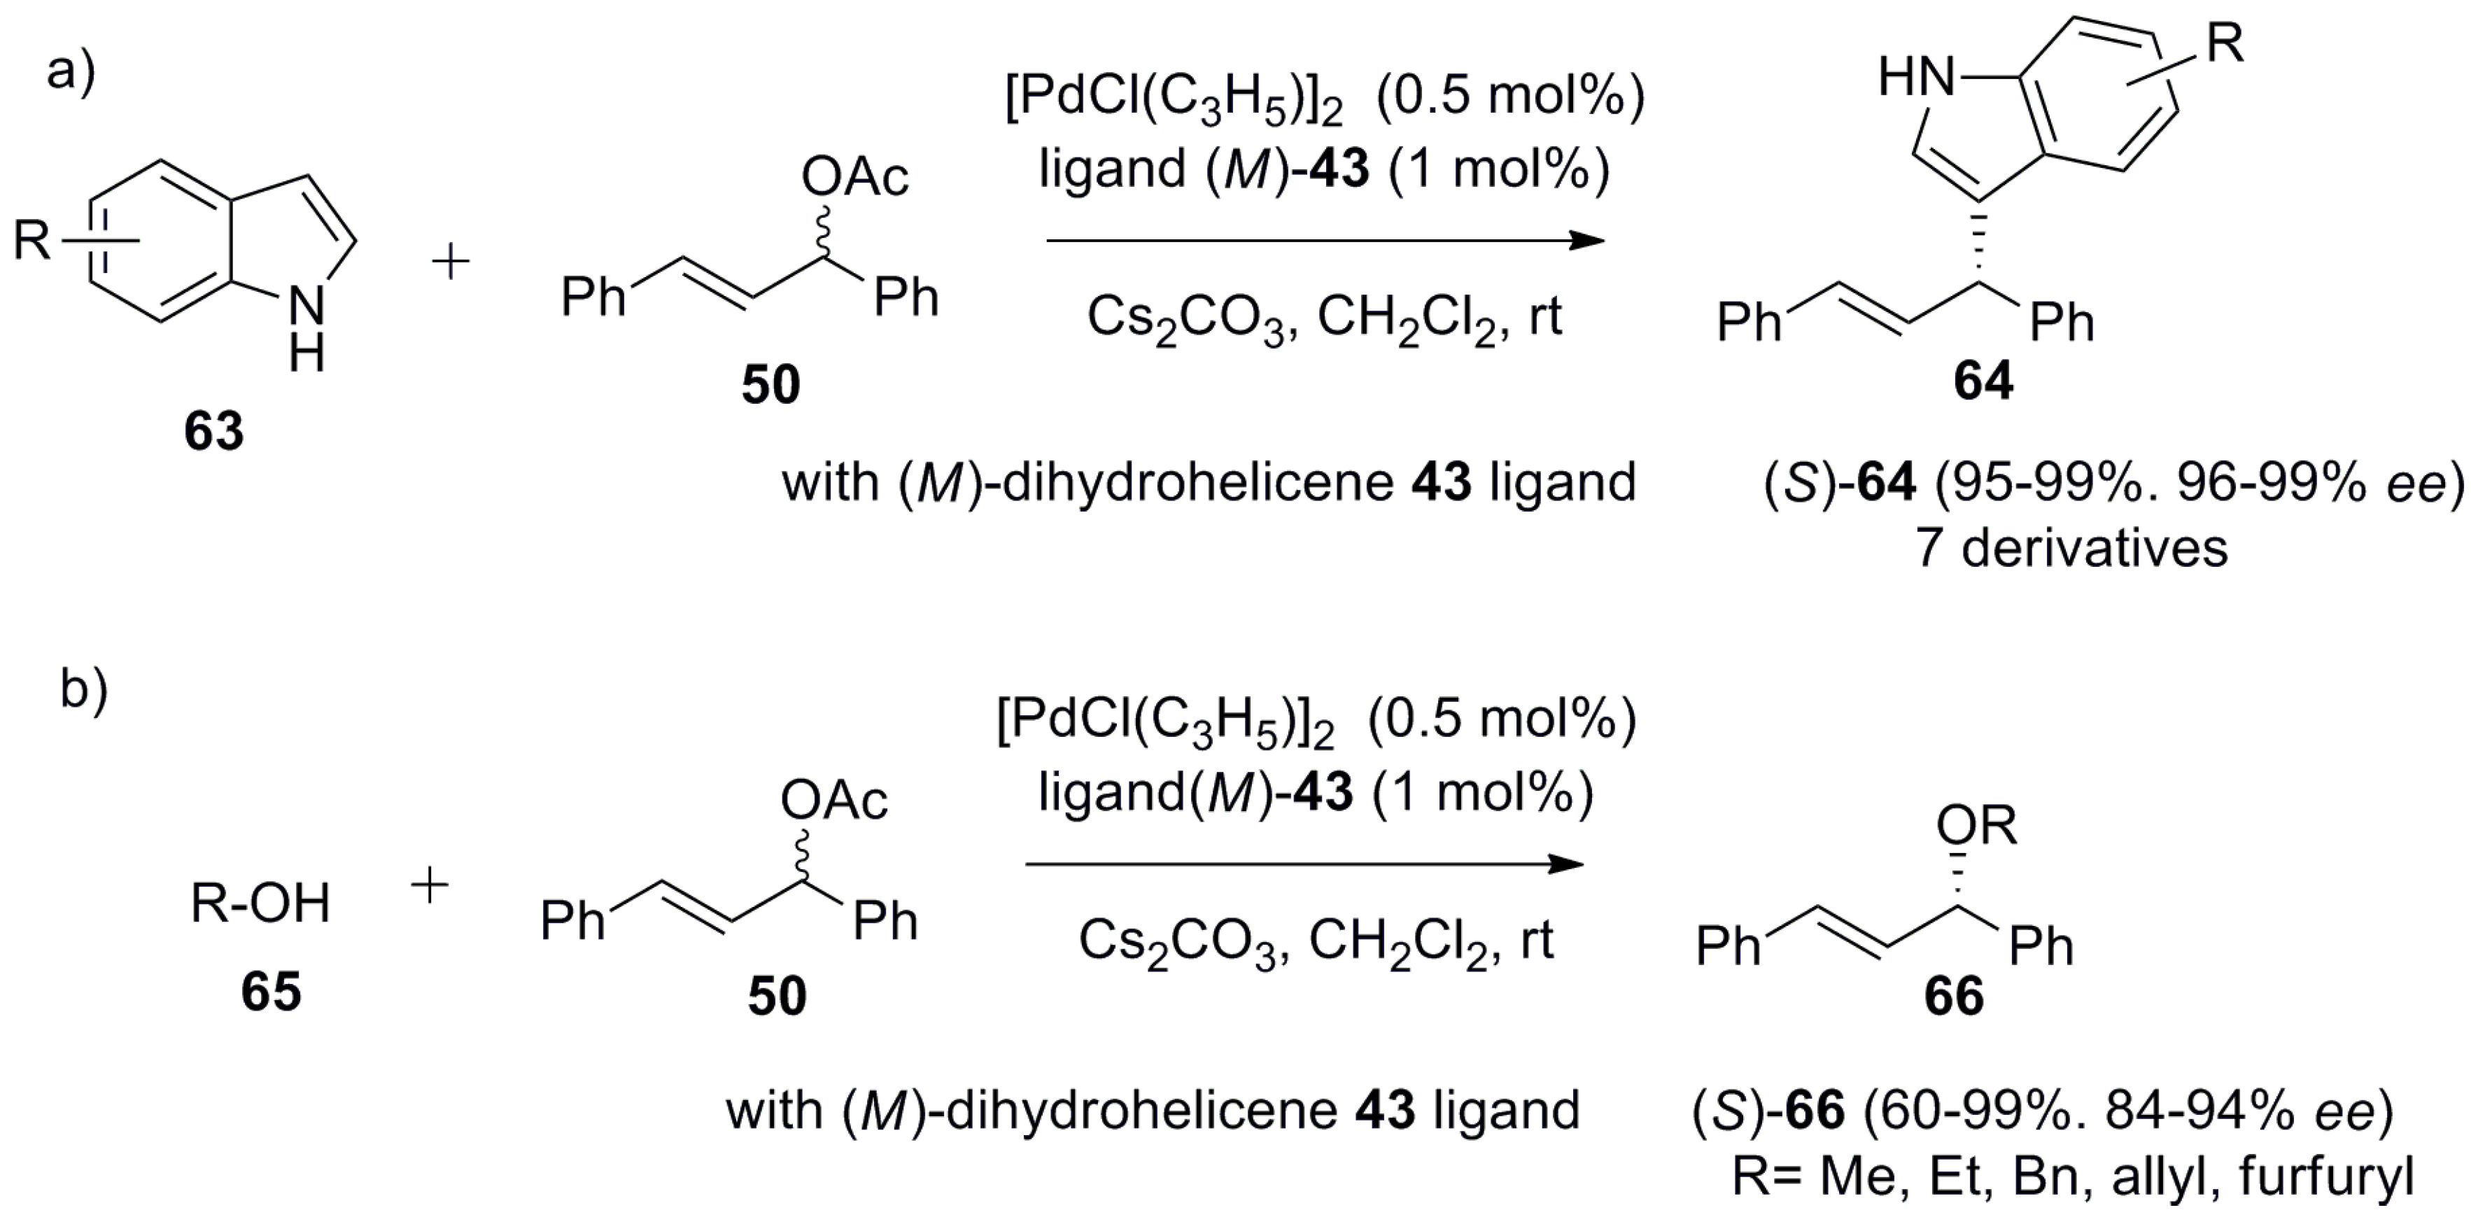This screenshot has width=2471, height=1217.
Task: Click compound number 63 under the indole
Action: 214,430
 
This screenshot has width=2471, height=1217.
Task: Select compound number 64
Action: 1983,381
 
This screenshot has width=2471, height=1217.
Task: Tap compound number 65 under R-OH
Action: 271,991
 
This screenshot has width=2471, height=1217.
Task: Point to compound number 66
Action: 1954,997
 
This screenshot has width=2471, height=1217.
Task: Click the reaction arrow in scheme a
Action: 1324,240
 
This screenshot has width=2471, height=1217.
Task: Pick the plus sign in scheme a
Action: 450,262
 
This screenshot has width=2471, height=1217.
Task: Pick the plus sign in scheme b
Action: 429,887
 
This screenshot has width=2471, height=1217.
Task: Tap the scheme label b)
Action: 85,689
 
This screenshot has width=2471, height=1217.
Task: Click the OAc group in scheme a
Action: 854,178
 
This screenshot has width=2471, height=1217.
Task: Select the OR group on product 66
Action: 1976,826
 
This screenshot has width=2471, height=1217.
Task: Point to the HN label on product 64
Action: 1917,76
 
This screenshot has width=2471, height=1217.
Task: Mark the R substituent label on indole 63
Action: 31,240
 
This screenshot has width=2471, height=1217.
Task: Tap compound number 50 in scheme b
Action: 777,997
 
